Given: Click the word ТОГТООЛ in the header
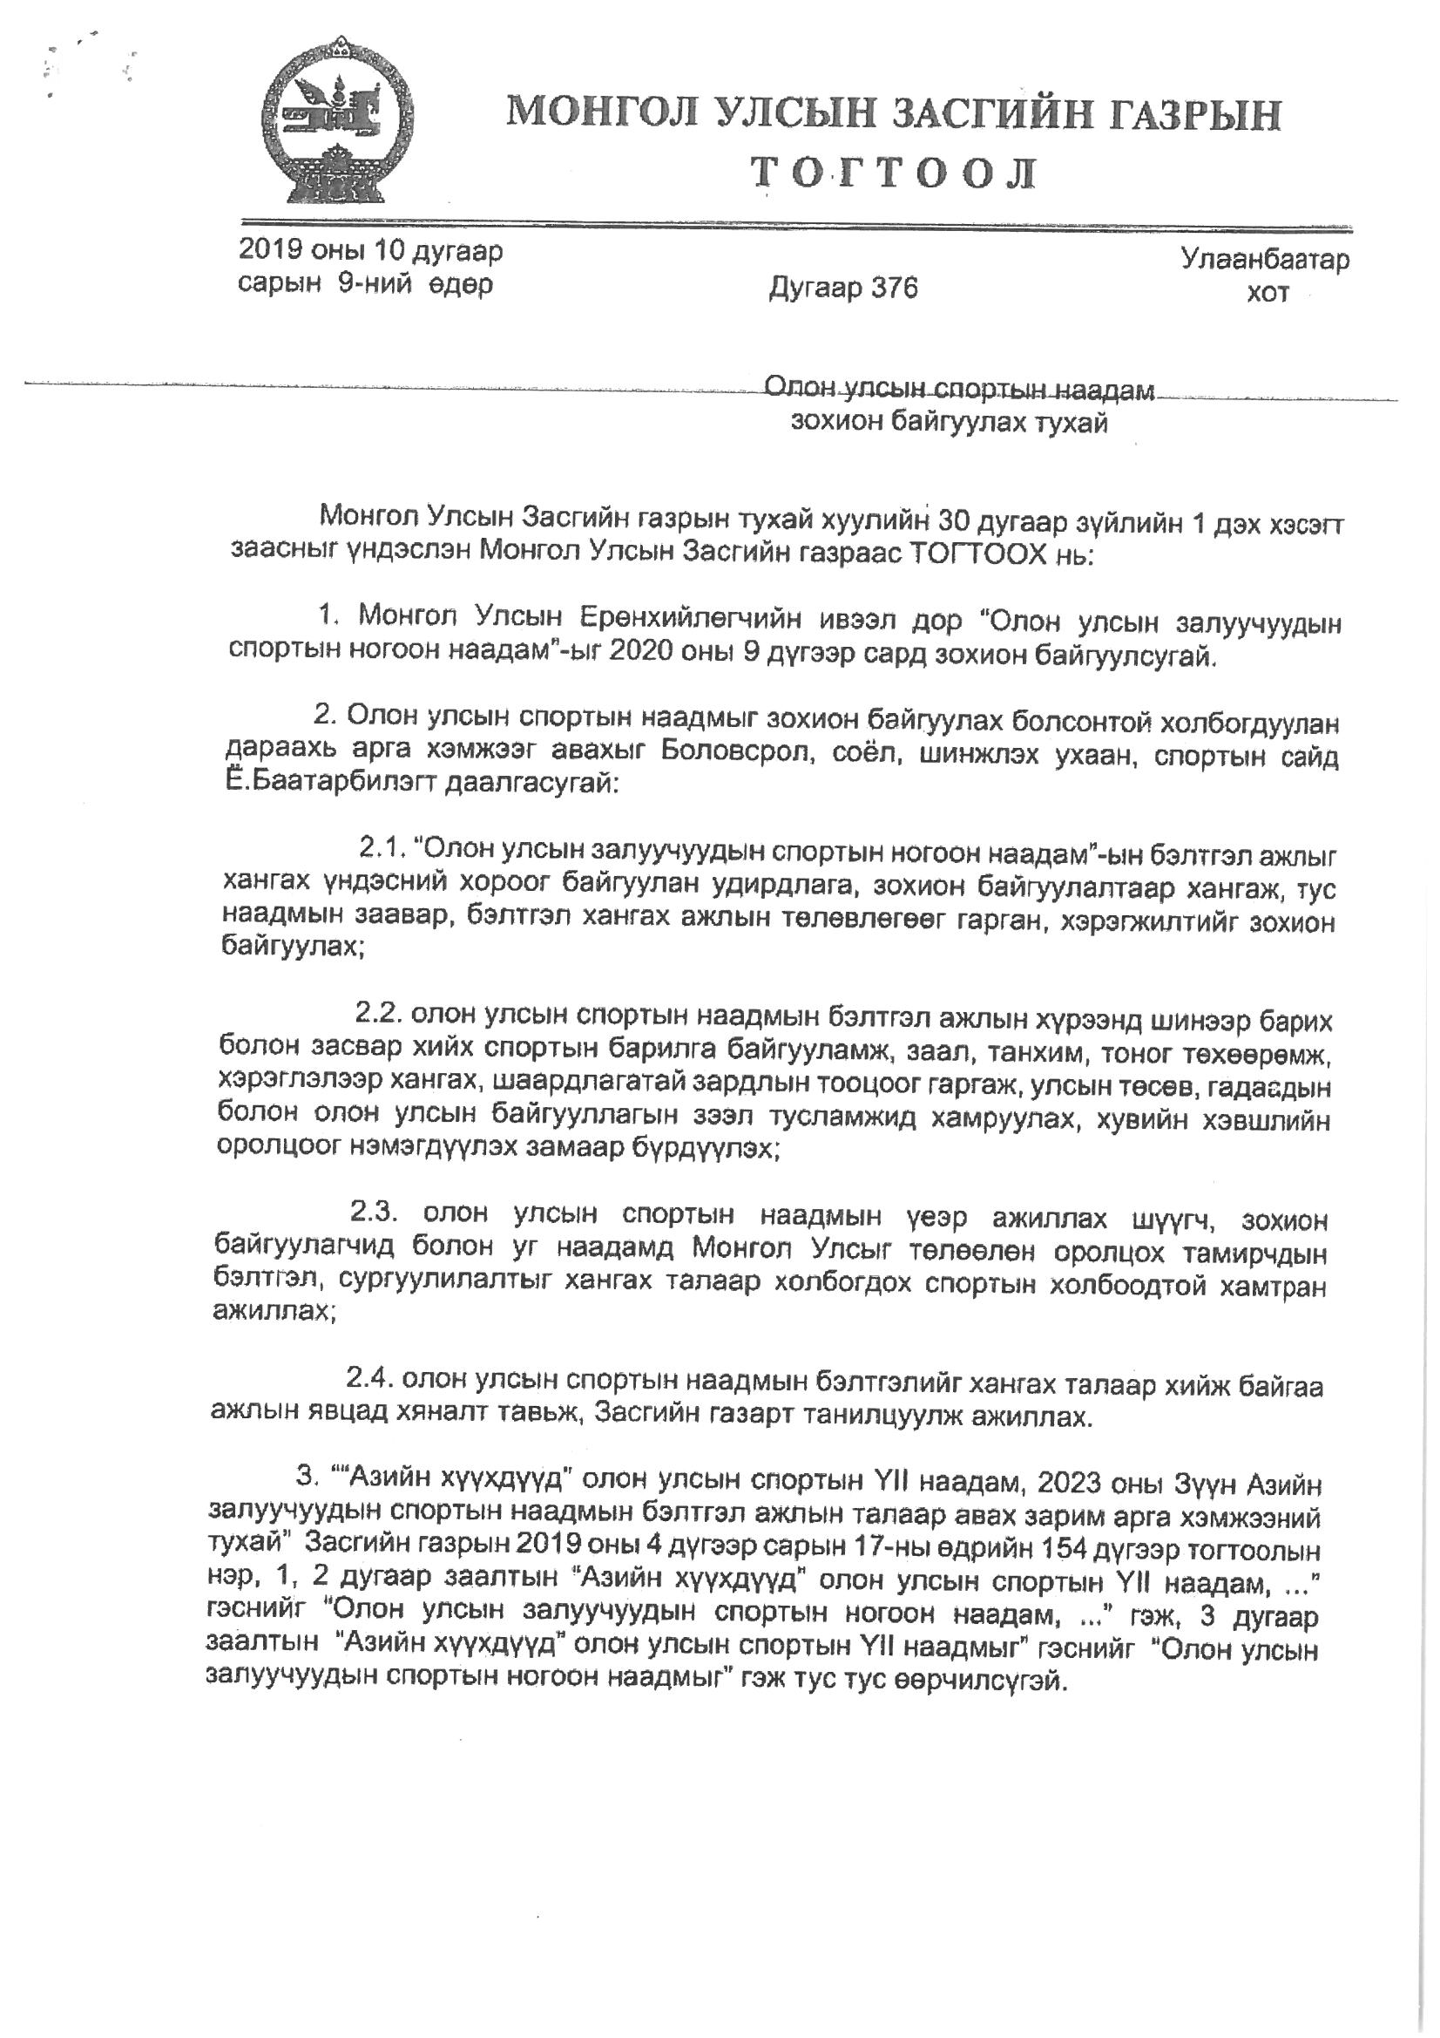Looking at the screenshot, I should click(x=894, y=174).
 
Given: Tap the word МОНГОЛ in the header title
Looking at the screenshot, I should click(x=603, y=115).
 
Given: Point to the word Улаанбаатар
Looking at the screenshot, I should click(x=1264, y=260).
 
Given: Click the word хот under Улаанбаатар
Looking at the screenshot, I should click(x=1267, y=293).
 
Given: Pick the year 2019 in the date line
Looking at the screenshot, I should click(x=269, y=251).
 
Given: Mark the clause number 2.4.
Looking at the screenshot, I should click(x=369, y=1380).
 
